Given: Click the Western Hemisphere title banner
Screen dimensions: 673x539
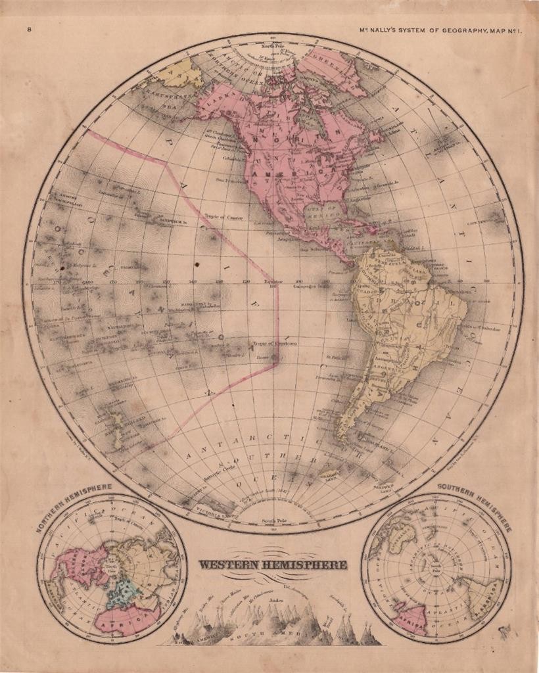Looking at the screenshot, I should (273, 564).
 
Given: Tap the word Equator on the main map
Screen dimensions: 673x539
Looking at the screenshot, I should (273, 283).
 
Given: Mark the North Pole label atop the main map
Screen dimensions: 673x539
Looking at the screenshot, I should (271, 46).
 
